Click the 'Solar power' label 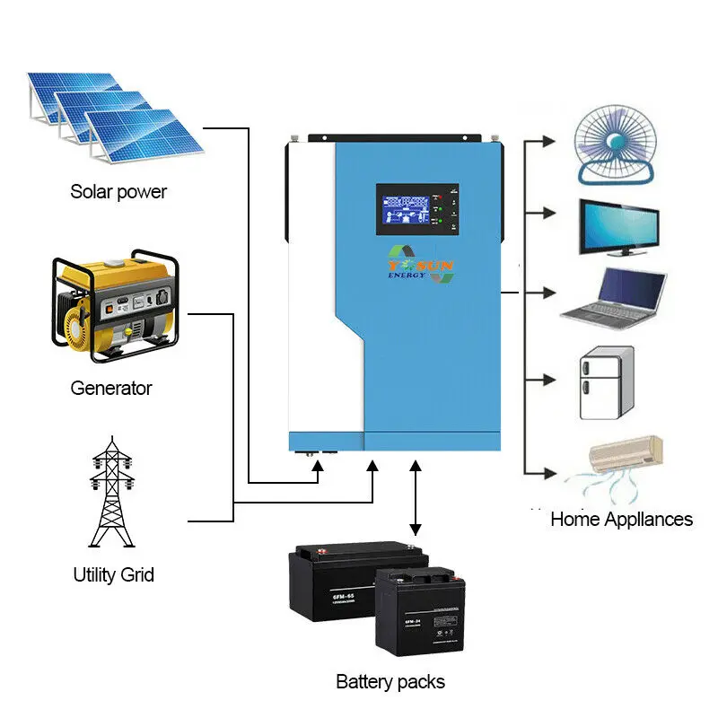118,191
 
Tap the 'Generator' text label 111,389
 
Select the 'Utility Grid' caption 113,574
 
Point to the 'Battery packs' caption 390,682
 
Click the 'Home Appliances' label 621,519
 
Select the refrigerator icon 607,384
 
